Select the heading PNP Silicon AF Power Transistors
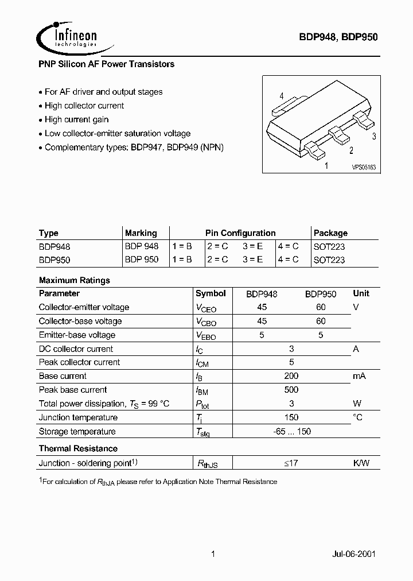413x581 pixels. point(106,64)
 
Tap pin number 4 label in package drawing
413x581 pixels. point(282,96)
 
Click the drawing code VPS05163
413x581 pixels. point(364,167)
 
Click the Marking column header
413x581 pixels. point(141,233)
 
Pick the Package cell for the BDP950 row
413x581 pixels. point(329,259)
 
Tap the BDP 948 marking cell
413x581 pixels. point(142,246)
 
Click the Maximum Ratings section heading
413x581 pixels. point(74,280)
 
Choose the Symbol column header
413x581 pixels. point(211,293)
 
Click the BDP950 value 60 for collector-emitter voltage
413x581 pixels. point(321,307)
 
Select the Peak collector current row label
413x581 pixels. point(79,362)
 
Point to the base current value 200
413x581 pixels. point(291,376)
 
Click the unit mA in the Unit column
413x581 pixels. point(359,376)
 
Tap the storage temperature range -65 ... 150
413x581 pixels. point(291,431)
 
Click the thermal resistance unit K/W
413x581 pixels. point(361,463)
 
